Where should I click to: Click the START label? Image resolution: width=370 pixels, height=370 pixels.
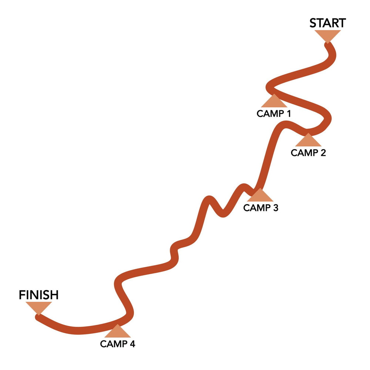coord(327,23)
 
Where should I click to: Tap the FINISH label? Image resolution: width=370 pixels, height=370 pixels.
coord(39,295)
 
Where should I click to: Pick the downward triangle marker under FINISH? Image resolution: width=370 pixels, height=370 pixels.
coord(38,307)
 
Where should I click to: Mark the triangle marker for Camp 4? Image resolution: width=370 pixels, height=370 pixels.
coord(117,332)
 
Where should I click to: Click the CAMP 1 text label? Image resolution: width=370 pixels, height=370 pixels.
coord(273,114)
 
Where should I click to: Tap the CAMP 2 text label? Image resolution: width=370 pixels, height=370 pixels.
coord(308,153)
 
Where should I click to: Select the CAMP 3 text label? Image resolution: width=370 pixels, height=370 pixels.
coord(260,208)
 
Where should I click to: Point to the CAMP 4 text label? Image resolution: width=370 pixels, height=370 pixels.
coord(118,344)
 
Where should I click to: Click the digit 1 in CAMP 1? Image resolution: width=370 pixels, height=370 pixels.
coord(287,114)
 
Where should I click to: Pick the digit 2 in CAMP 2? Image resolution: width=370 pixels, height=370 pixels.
coord(323,153)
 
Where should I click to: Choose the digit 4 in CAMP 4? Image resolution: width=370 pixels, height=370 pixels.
coord(132,344)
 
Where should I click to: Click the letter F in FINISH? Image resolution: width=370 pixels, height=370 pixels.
coord(22,295)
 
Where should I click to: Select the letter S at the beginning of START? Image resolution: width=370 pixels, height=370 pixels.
coord(313,23)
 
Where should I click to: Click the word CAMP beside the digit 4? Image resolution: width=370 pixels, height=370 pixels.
coord(112,344)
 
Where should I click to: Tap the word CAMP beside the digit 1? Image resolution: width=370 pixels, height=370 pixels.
coord(269,114)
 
